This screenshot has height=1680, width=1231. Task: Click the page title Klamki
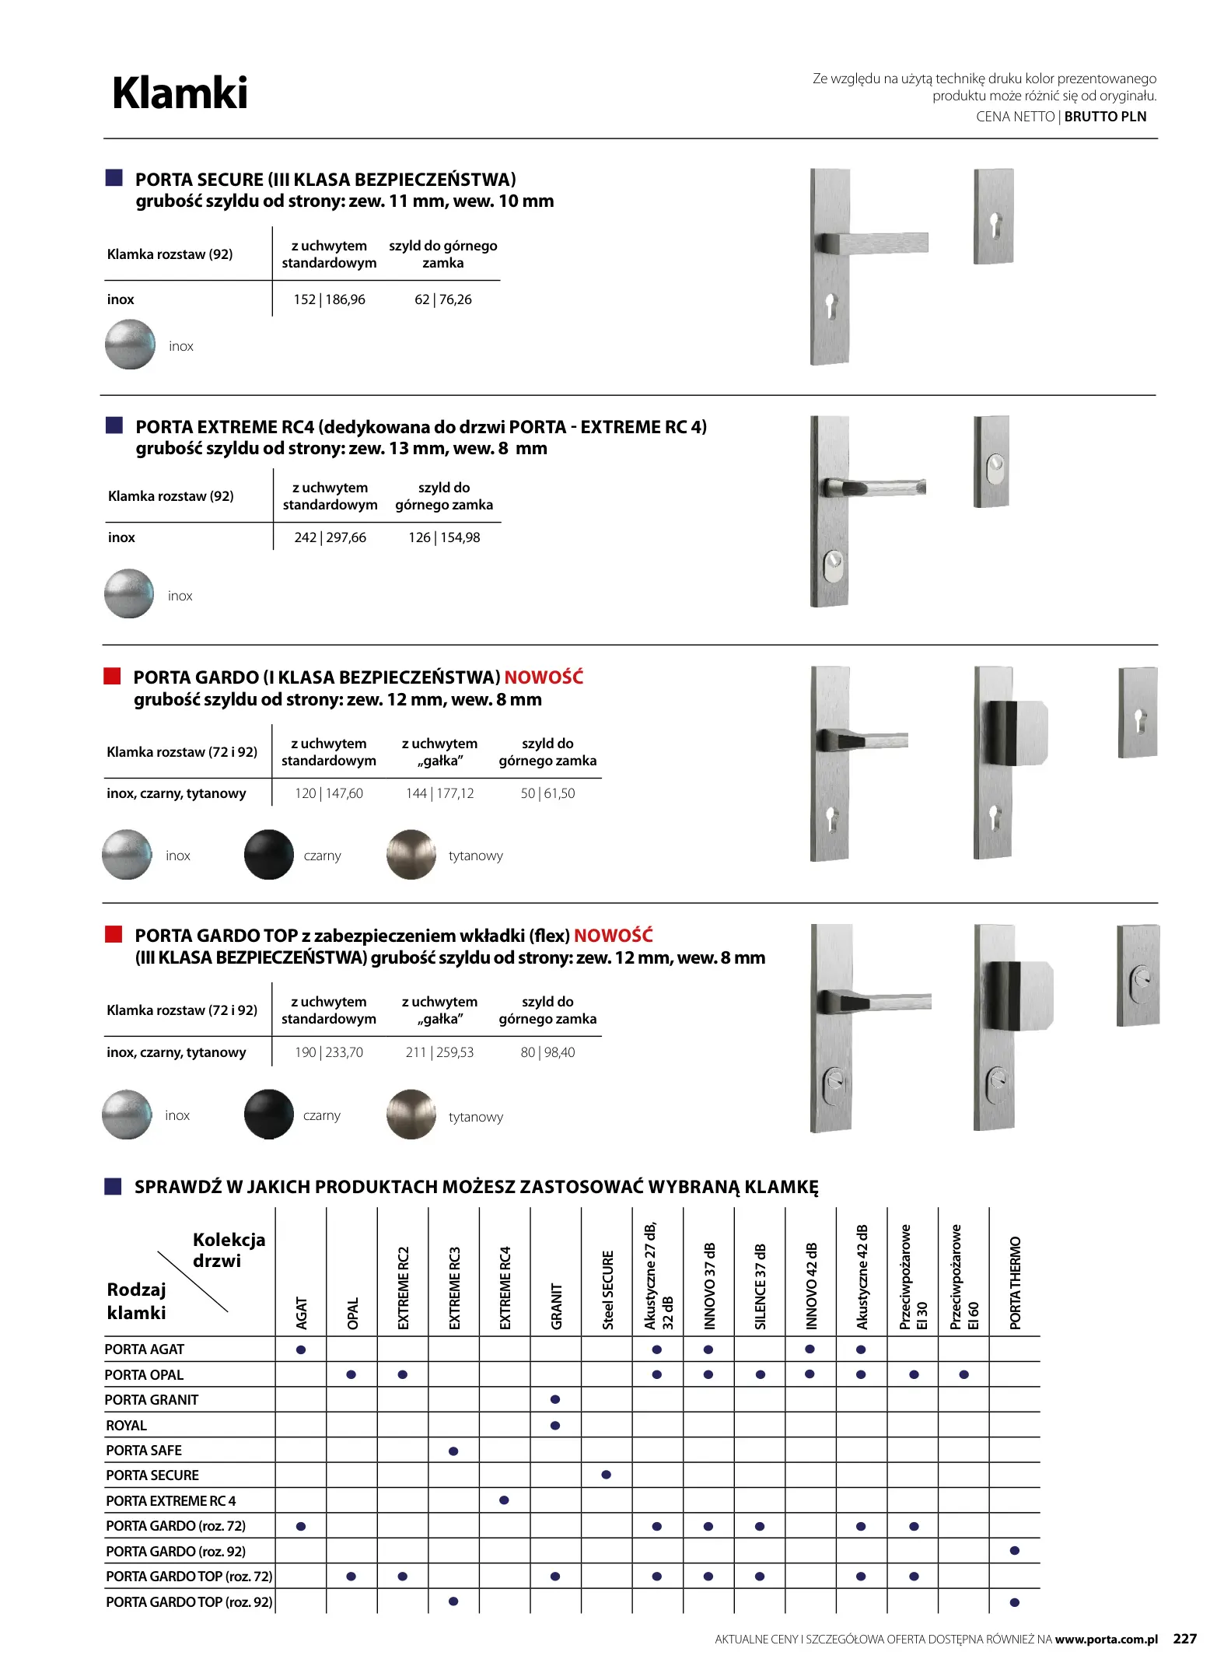180,93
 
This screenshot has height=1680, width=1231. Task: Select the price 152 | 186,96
329,299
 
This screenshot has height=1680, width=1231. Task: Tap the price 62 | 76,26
442,299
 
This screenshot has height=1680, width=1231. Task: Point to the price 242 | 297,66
330,537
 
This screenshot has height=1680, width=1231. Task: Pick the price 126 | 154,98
444,537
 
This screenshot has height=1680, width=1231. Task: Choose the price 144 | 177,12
439,793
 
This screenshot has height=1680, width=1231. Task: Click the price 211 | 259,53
439,1052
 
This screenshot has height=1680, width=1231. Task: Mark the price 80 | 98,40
547,1052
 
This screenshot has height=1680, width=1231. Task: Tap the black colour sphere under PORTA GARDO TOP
268,1114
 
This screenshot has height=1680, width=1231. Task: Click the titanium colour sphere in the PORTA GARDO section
411,855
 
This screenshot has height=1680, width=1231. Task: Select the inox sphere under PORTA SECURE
130,345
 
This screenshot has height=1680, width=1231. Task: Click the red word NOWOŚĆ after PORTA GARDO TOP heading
613,936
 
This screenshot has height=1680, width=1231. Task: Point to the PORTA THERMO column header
1015,1283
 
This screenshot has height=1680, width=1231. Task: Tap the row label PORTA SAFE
144,1451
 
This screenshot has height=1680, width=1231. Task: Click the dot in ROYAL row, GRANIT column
555,1426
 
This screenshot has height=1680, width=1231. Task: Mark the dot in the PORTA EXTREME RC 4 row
504,1500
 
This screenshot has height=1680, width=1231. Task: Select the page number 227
1184,1639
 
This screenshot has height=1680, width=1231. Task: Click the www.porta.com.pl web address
1106,1640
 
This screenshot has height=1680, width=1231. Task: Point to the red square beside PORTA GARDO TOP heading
114,934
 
